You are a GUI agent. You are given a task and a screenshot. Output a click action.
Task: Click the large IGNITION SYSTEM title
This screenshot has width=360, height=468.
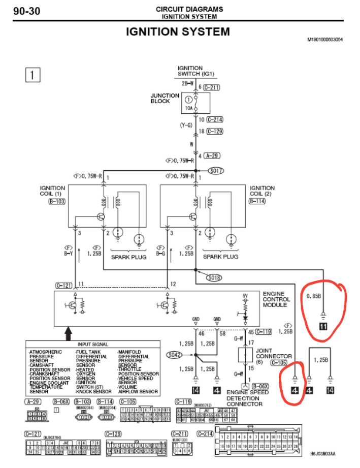(178, 32)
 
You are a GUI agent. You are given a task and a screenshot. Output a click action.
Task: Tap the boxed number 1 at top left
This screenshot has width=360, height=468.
(32, 75)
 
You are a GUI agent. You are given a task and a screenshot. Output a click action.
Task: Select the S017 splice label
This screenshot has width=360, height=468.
(216, 171)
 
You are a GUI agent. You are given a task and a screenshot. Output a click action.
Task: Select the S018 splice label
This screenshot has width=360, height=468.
(214, 277)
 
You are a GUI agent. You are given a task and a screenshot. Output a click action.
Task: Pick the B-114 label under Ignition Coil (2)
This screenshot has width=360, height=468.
(258, 201)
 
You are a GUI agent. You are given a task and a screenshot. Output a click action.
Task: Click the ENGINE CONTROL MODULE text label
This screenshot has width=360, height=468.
(277, 299)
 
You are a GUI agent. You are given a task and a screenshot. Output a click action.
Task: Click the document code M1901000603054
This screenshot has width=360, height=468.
(324, 39)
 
